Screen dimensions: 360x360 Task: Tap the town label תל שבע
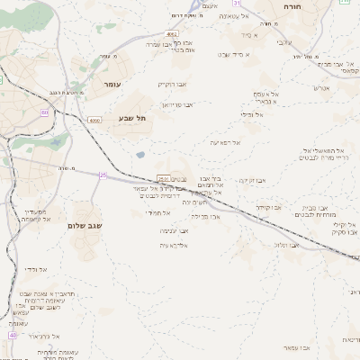131,118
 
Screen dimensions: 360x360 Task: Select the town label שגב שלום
83,225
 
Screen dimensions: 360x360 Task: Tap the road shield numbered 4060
94,120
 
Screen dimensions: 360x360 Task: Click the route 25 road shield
103,175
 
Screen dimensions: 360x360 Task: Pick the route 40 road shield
13,334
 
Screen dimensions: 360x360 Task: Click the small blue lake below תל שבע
140,154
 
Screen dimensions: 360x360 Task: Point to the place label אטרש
320,87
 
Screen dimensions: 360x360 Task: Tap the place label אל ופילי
253,114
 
